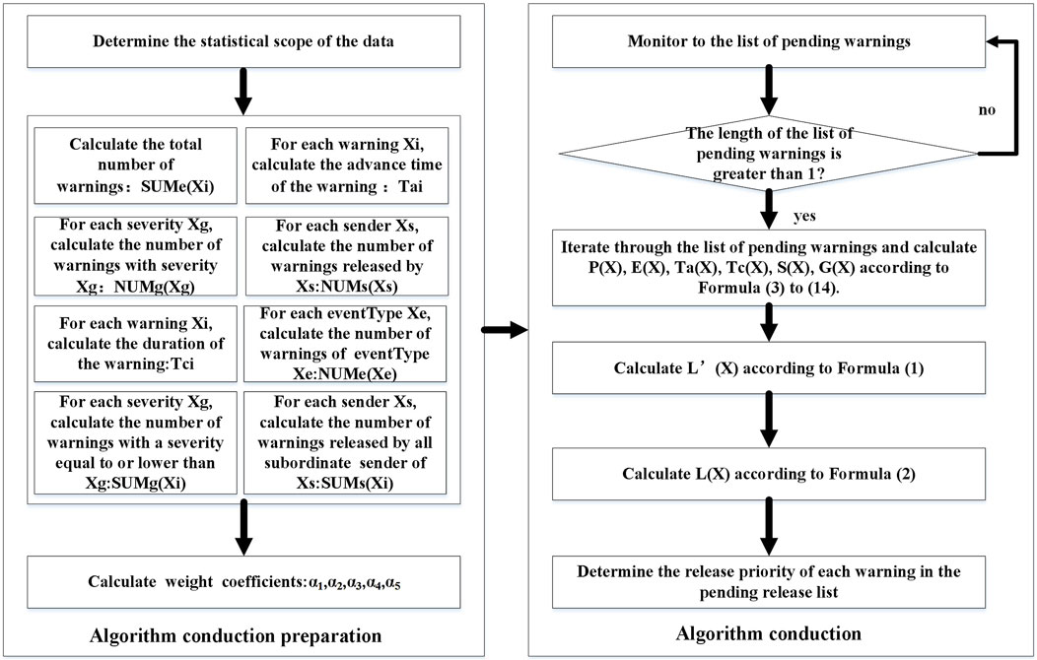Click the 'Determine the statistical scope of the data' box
[x=243, y=41]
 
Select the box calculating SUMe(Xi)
[x=136, y=165]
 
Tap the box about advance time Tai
[x=346, y=165]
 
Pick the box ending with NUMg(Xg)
[x=136, y=256]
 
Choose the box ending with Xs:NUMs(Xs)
[x=346, y=256]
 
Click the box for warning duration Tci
[x=136, y=344]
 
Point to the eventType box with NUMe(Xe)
[x=346, y=344]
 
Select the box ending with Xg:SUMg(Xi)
[x=136, y=442]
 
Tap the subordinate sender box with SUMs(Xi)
[x=346, y=442]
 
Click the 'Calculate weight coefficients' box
[x=243, y=582]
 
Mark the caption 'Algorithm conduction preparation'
[x=237, y=636]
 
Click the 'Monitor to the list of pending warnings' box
[x=769, y=41]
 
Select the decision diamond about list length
[x=769, y=154]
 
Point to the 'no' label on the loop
[x=987, y=110]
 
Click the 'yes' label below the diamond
[x=804, y=216]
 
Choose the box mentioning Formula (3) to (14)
[x=769, y=268]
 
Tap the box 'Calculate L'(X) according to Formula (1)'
[x=769, y=368]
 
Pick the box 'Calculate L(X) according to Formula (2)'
[x=769, y=474]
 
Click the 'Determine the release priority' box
[x=769, y=582]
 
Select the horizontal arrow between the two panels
[x=505, y=330]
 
